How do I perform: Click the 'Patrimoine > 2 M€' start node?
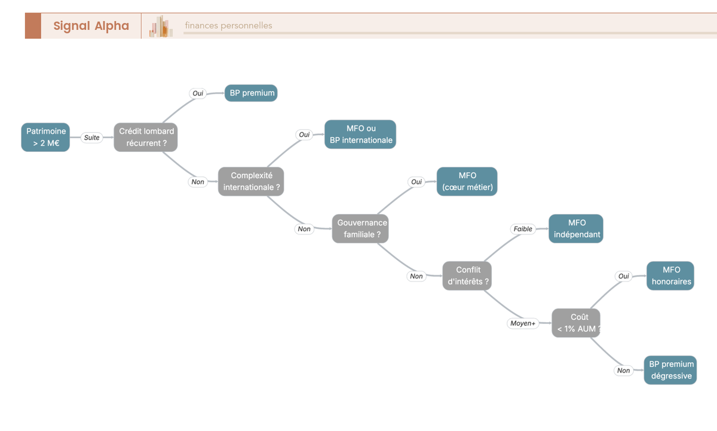click(45, 137)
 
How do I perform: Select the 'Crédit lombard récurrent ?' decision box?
click(146, 137)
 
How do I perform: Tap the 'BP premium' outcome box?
click(251, 93)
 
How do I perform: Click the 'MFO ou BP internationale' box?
click(360, 134)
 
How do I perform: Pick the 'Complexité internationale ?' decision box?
click(251, 181)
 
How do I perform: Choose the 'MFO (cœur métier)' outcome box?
click(467, 181)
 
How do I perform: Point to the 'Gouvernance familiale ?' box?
click(360, 228)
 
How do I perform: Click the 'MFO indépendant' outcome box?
click(576, 228)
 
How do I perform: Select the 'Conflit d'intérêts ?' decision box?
click(467, 276)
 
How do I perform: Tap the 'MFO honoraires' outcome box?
click(670, 276)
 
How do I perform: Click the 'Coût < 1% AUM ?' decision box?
click(576, 323)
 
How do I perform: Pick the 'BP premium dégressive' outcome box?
click(670, 370)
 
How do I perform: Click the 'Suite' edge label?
click(91, 137)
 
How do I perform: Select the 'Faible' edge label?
click(523, 228)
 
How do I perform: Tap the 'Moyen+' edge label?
click(523, 323)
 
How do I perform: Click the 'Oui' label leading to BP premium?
click(198, 93)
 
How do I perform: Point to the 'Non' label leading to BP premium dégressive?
click(624, 370)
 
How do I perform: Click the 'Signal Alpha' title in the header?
click(91, 26)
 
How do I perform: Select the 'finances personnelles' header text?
click(228, 25)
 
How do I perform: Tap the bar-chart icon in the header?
click(161, 26)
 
